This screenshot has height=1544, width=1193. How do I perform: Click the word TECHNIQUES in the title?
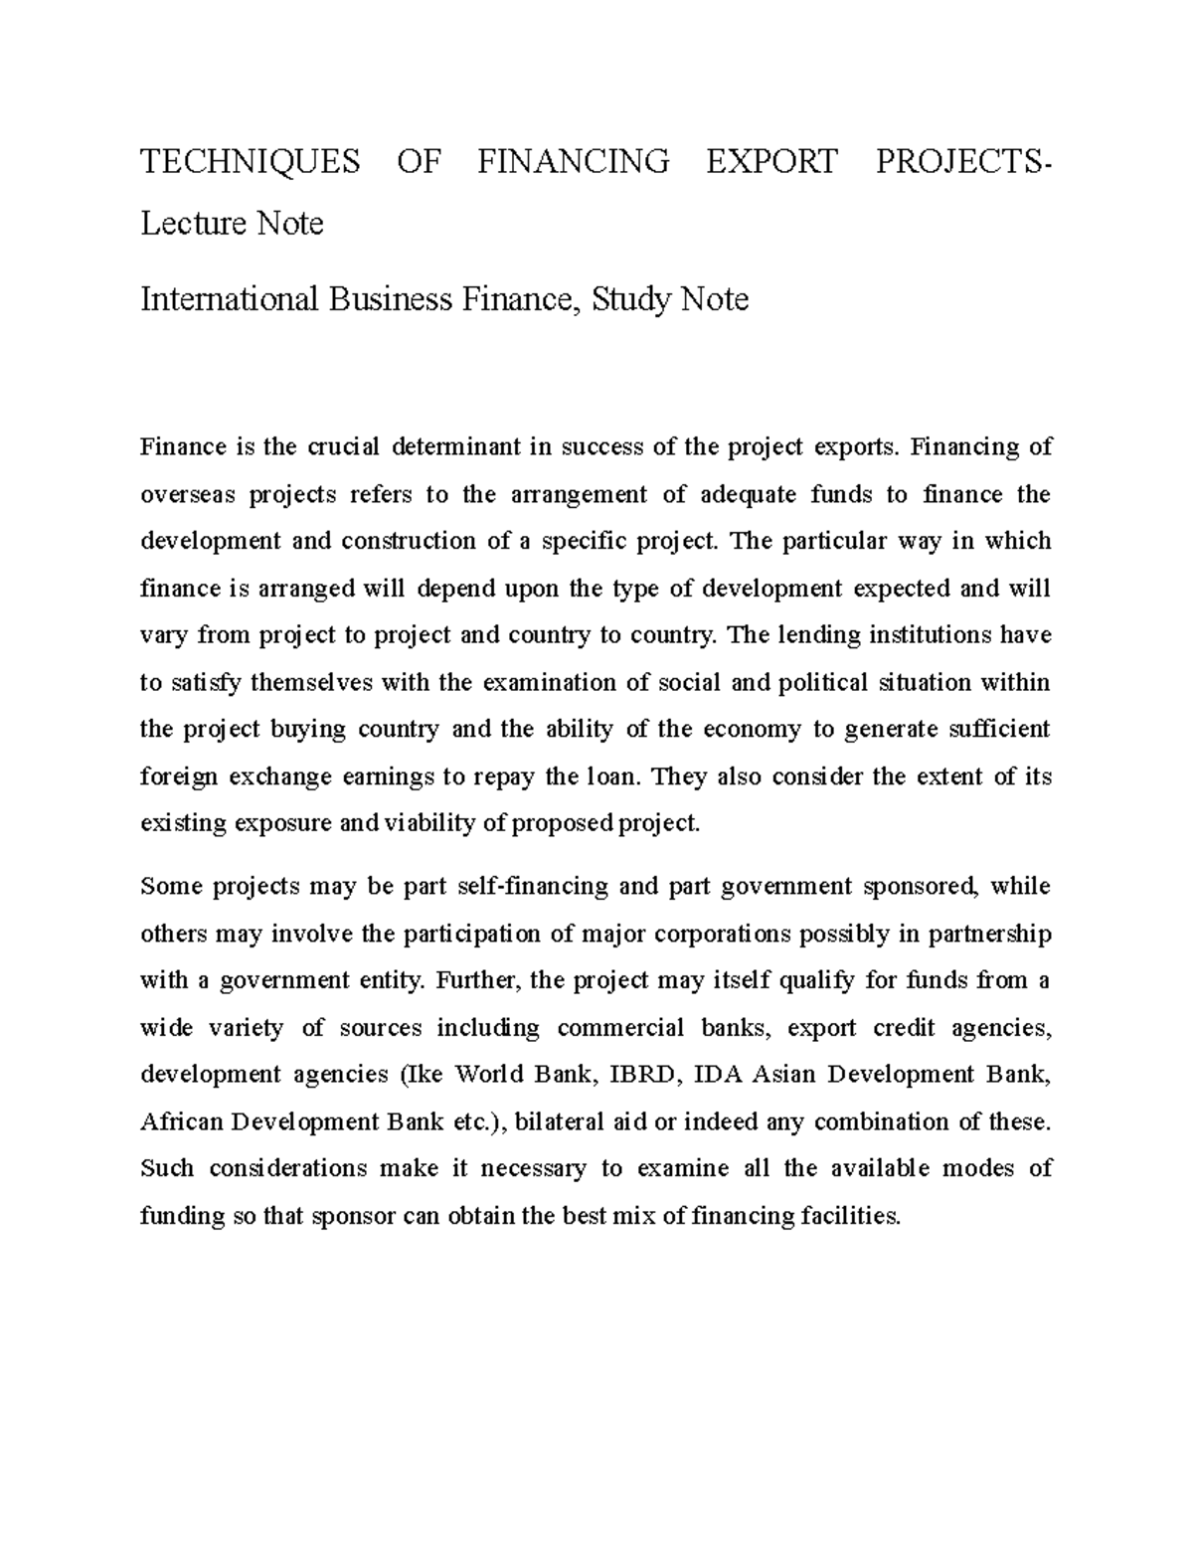tap(250, 161)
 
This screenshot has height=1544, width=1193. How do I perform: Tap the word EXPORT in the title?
tap(771, 161)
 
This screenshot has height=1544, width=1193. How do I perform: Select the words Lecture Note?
tap(232, 224)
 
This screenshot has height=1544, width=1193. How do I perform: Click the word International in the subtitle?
tap(228, 298)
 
